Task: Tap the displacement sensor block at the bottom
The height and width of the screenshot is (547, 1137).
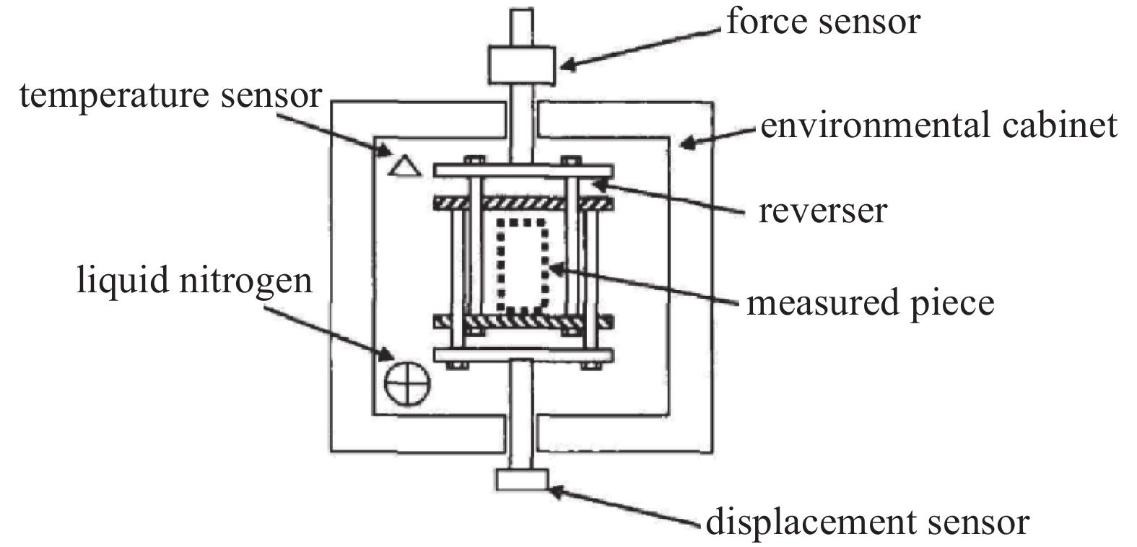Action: tap(522, 479)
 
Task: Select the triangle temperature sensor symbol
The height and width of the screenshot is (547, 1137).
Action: tap(404, 166)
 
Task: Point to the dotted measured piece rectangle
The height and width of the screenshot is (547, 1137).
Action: tap(521, 265)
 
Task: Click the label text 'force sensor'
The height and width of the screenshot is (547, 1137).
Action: tap(822, 22)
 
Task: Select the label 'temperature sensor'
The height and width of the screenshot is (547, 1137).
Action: tap(170, 95)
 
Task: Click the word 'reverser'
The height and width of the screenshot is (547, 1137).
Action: tap(822, 211)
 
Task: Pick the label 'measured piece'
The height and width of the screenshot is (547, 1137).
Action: tap(870, 302)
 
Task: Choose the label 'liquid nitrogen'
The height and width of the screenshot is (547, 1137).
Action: tap(195, 279)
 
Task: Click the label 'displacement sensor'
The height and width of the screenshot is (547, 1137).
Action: tap(867, 521)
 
